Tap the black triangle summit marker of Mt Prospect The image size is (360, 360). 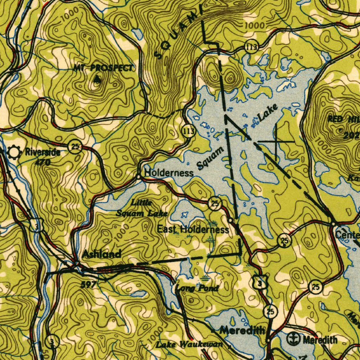[97, 79]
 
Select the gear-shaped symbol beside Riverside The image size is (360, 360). [14, 153]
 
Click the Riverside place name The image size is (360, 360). [43, 153]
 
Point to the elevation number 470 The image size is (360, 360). [43, 162]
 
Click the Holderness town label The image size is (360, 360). [169, 173]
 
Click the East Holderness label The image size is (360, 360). [193, 230]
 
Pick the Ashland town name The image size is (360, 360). [102, 254]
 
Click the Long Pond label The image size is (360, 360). [197, 288]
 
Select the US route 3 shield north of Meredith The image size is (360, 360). [259, 284]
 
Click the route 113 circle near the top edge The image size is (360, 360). [252, 47]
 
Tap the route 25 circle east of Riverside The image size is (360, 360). [75, 146]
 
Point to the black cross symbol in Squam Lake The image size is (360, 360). [276, 141]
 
